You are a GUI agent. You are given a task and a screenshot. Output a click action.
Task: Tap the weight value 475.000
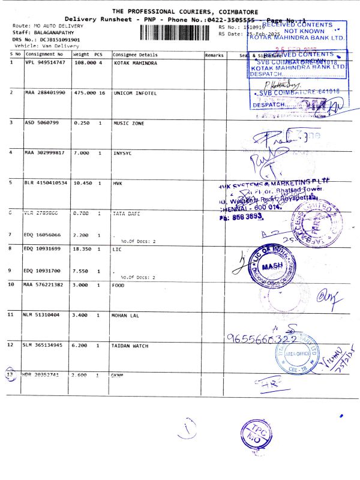pyautogui.click(x=83, y=93)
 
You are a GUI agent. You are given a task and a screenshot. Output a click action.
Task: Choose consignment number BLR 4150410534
pyautogui.click(x=46, y=182)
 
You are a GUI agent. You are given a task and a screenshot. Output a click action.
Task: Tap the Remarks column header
pyautogui.click(x=214, y=55)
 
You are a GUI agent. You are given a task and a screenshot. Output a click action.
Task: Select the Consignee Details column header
pyautogui.click(x=135, y=55)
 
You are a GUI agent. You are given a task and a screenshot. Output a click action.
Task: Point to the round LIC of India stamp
pyautogui.click(x=276, y=263)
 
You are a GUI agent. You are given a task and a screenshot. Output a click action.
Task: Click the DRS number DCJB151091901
pyautogui.click(x=53, y=39)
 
